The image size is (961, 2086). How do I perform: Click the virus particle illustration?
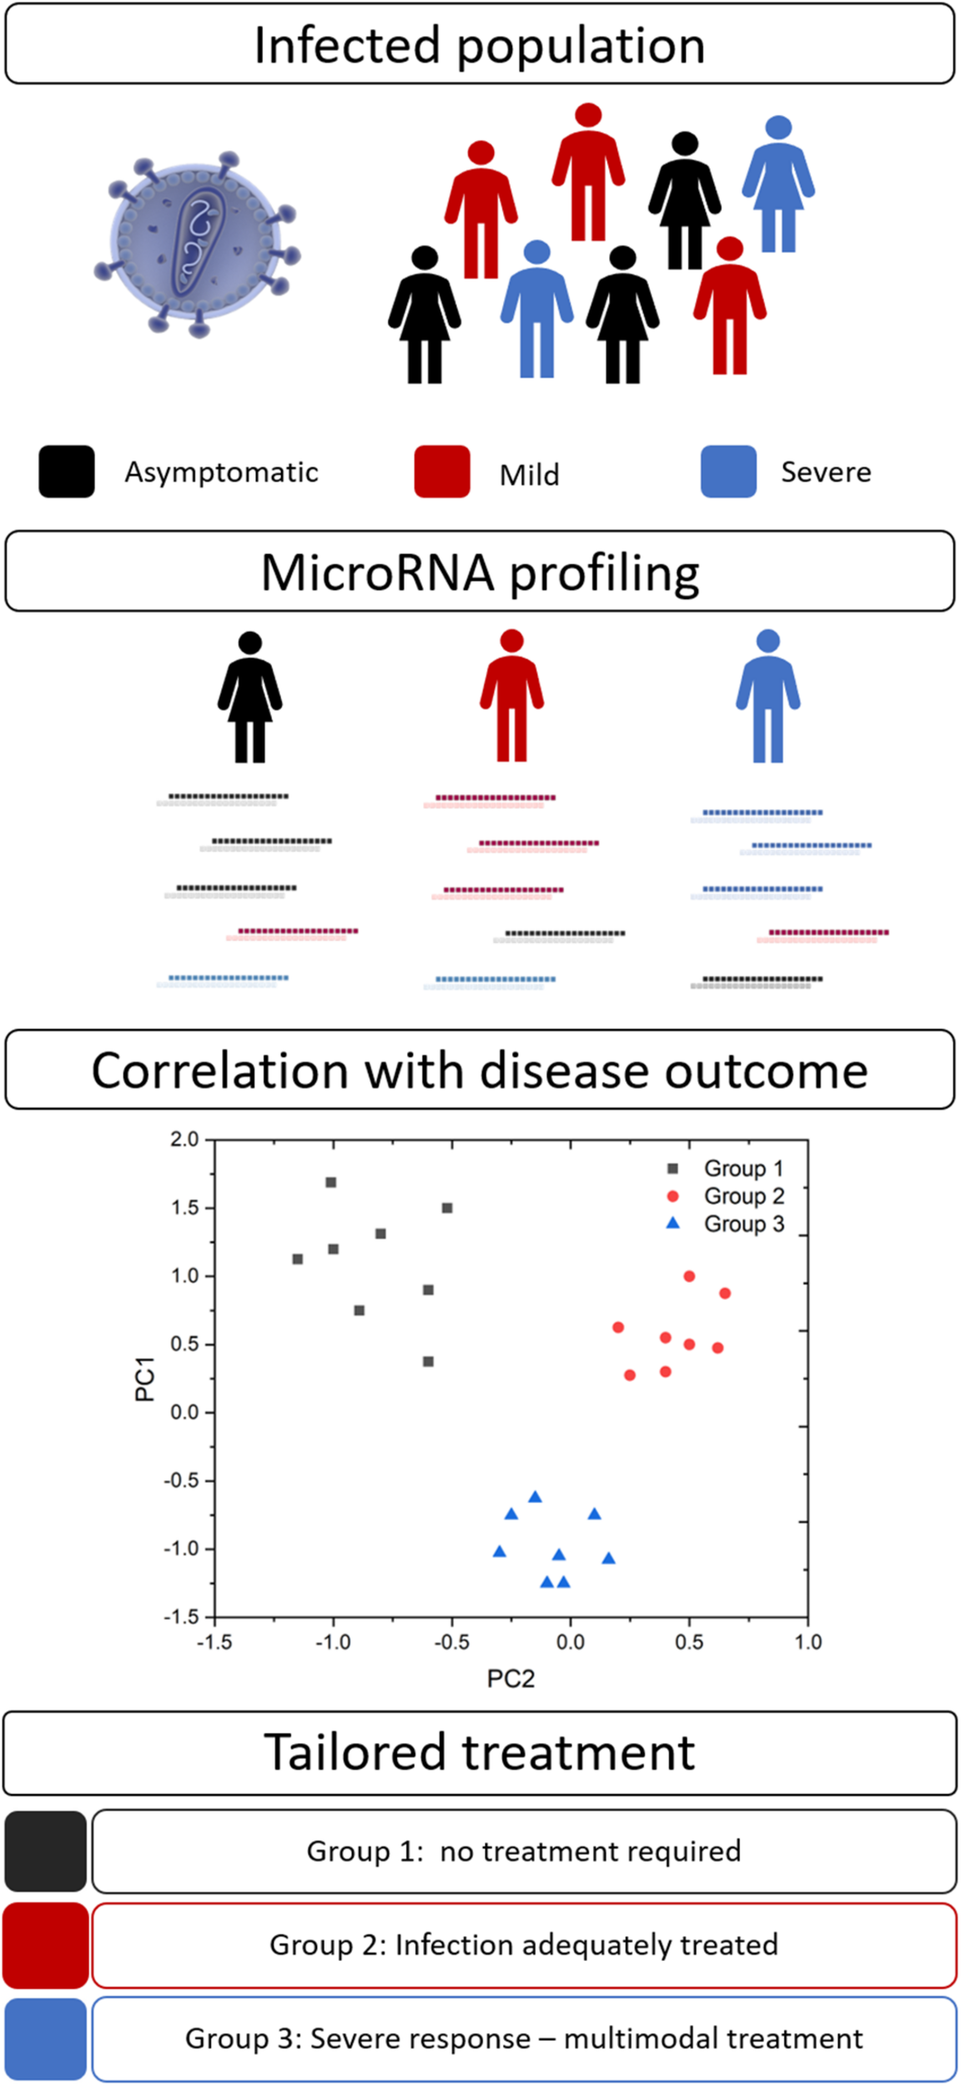197,243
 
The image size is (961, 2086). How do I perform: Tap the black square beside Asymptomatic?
67,471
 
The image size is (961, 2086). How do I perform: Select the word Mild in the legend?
529,475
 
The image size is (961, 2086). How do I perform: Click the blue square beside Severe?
728,471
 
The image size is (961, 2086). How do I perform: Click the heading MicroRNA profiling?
480,572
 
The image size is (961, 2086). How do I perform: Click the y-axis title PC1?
145,1378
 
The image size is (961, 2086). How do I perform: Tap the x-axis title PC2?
511,1678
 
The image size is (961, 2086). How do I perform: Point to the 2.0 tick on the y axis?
184,1139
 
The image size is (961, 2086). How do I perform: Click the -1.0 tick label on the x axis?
332,1642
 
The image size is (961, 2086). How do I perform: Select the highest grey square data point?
331,1182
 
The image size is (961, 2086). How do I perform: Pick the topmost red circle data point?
689,1276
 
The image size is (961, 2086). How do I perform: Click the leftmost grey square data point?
298,1259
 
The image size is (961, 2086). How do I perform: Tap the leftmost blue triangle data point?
500,1552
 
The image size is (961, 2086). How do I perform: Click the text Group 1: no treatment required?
523,1851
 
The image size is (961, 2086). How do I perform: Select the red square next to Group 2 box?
45,1945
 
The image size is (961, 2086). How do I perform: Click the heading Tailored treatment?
480,1751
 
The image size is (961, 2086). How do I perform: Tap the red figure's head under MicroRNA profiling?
511,641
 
